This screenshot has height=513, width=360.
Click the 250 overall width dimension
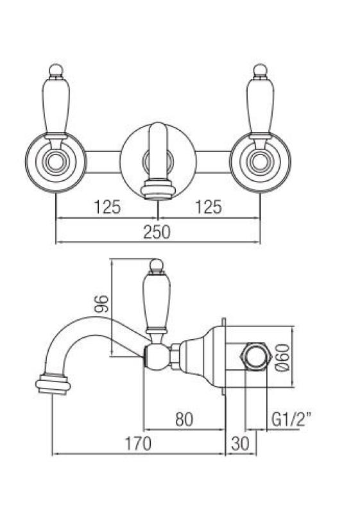point(158,232)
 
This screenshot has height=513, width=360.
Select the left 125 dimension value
point(107,207)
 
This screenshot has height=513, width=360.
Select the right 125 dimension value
point(209,207)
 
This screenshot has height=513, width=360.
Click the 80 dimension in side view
point(184,420)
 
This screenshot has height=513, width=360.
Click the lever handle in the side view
point(155,301)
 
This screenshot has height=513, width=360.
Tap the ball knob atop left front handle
point(56,69)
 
